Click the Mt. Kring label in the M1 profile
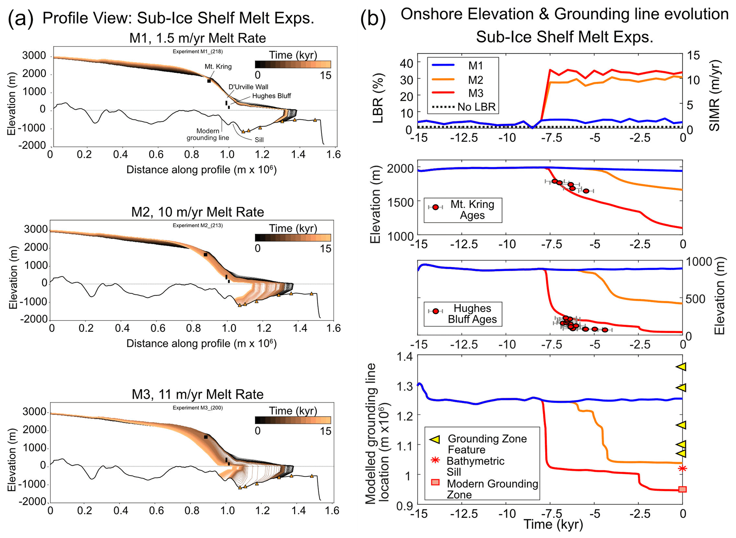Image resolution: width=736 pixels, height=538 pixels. click(x=218, y=67)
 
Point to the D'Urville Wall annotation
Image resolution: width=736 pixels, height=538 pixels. click(x=248, y=87)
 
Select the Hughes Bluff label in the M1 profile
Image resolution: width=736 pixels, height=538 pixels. click(x=271, y=96)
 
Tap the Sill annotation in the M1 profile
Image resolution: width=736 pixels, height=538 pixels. click(x=259, y=140)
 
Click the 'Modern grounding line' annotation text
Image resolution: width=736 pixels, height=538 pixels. click(x=208, y=134)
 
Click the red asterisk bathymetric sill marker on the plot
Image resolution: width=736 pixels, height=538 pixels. click(x=682, y=469)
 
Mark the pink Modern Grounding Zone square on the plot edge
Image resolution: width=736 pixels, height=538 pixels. click(x=682, y=489)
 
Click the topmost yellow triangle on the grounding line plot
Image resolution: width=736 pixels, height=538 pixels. click(x=682, y=367)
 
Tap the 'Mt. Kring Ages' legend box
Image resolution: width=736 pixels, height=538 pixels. click(x=463, y=210)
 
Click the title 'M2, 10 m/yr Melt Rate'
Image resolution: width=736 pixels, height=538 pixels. click(x=198, y=212)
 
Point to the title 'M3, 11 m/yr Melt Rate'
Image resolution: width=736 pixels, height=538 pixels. click(x=198, y=394)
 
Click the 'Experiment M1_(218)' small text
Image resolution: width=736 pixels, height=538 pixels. click(x=198, y=52)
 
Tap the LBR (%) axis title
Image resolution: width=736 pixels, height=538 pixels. click(x=377, y=98)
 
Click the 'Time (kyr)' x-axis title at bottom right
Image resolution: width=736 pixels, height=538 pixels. click(x=553, y=524)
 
